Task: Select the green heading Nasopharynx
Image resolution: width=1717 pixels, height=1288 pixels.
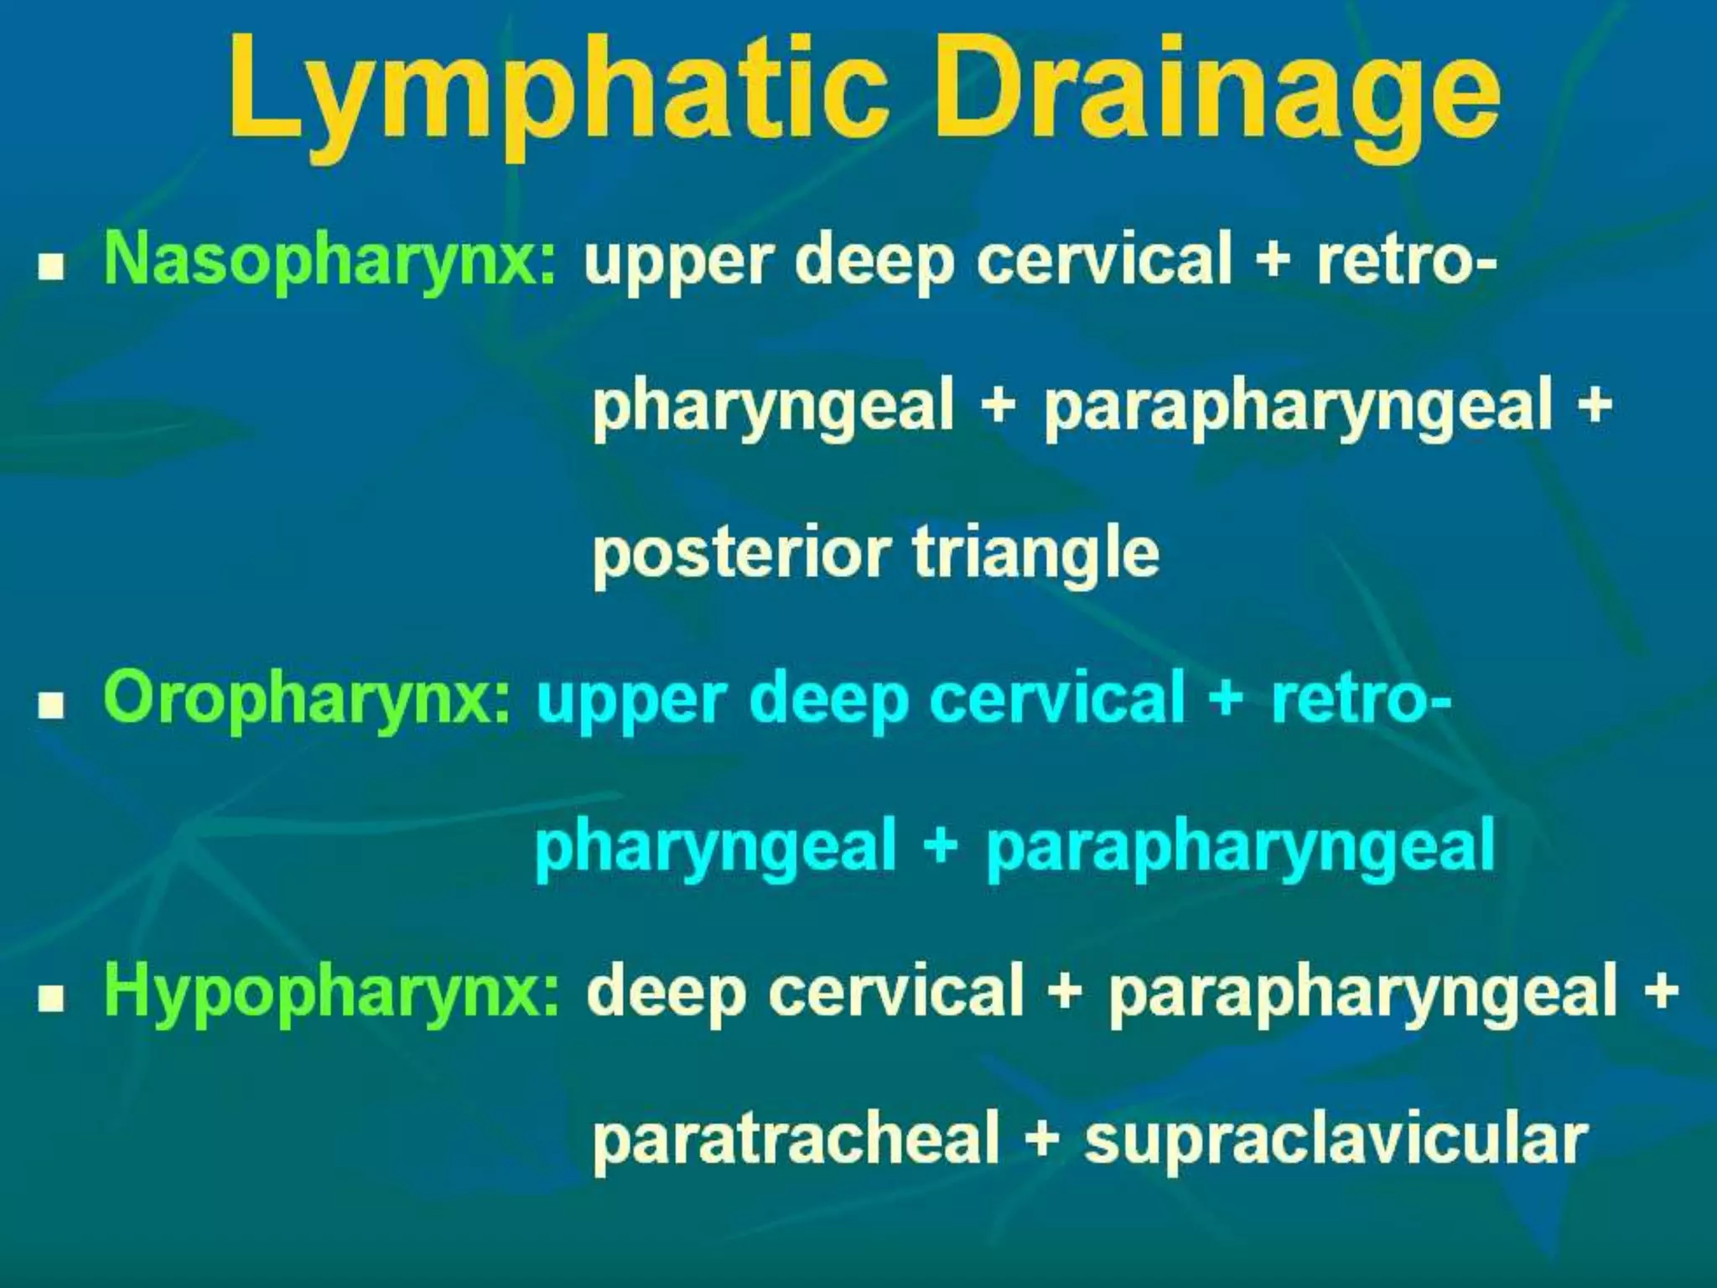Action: click(x=329, y=259)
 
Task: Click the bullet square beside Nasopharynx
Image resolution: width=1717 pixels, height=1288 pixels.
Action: click(x=52, y=267)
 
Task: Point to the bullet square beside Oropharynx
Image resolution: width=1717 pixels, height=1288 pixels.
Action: click(x=52, y=706)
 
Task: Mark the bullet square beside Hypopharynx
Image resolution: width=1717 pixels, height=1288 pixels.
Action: click(x=52, y=999)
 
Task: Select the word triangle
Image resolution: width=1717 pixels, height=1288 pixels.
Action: click(x=1035, y=553)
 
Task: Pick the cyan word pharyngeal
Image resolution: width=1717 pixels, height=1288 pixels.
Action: click(x=716, y=847)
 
